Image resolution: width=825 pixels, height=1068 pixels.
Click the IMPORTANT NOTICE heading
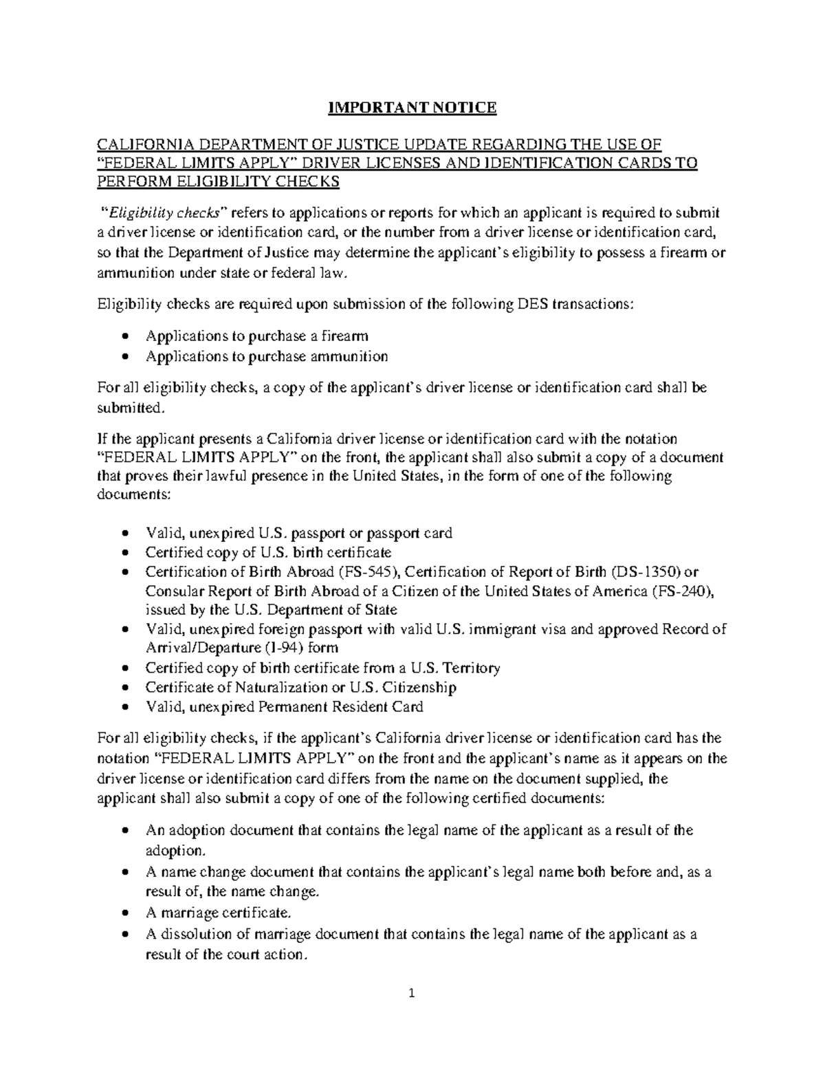click(x=412, y=107)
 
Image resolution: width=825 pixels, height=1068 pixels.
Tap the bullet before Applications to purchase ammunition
click(x=124, y=357)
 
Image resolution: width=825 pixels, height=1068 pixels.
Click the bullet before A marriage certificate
click(x=124, y=914)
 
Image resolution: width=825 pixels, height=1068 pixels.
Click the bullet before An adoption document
click(x=124, y=831)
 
